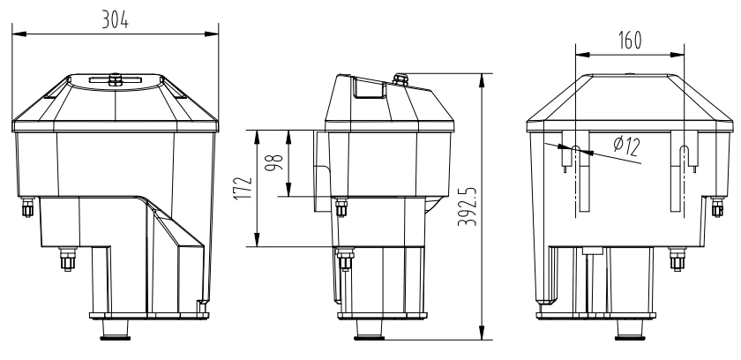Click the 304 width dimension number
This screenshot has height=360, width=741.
pyautogui.click(x=114, y=22)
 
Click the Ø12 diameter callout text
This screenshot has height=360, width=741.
pyautogui.click(x=625, y=146)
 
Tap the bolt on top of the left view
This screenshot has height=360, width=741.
pyautogui.click(x=114, y=79)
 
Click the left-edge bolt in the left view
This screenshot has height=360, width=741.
pyautogui.click(x=26, y=208)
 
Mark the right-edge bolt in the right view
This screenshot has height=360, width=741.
pyautogui.click(x=717, y=207)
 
